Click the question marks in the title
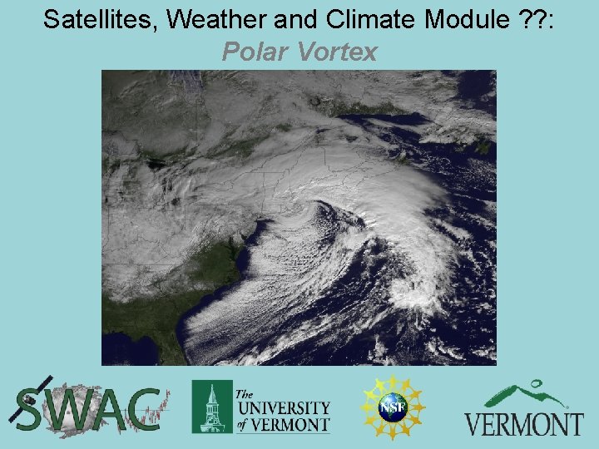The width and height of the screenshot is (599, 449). click(531, 20)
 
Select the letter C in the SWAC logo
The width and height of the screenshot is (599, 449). click(144, 409)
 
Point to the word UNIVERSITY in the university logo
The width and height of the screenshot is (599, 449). click(283, 407)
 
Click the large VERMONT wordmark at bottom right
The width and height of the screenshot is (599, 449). click(524, 423)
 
